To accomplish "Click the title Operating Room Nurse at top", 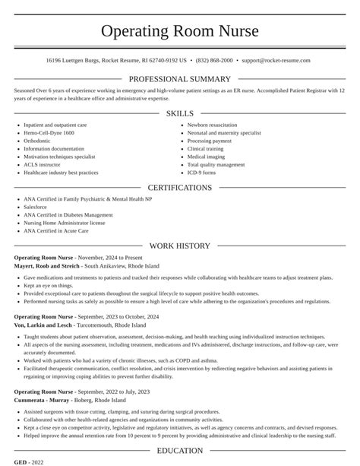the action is pos(180,31).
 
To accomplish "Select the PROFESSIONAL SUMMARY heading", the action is pos(180,79).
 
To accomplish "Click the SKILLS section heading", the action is pos(180,113).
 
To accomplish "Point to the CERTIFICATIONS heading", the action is pos(180,188).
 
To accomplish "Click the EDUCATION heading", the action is pos(180,451).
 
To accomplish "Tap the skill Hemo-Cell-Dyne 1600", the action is pos(50,132).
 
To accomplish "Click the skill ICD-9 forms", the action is pos(202,173).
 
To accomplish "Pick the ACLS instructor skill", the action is pos(42,164).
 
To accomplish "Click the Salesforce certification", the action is pos(36,207).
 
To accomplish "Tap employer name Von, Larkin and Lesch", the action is pos(44,324).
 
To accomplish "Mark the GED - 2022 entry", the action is pos(29,461).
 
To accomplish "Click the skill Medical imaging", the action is pos(206,157).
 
